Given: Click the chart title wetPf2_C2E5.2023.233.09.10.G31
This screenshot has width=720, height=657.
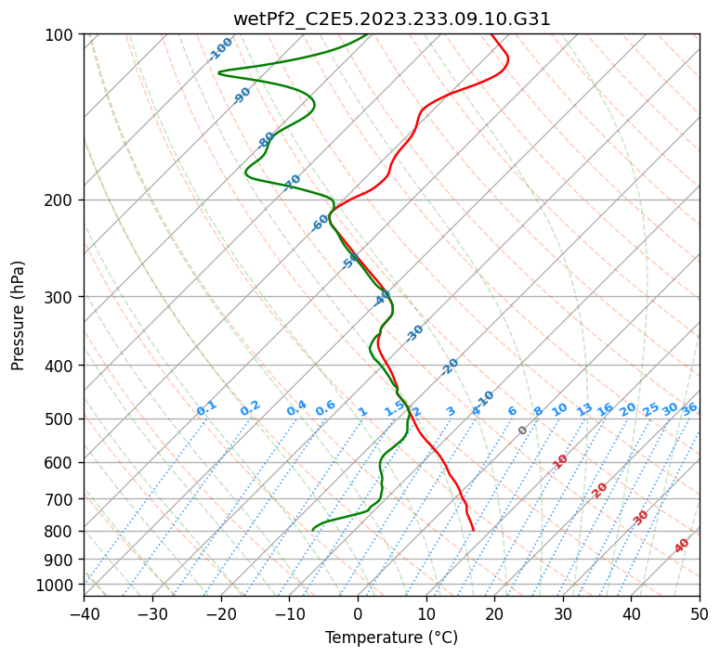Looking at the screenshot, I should coord(391,19).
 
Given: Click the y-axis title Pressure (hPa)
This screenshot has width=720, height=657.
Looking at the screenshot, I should coord(19,315).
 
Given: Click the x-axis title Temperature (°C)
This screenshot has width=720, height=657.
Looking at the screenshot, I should coord(391,638).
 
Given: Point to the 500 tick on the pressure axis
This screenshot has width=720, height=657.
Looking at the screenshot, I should coord(60,419).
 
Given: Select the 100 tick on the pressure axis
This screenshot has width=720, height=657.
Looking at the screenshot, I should coord(60,35).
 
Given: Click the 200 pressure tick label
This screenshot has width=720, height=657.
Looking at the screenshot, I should coord(60,200).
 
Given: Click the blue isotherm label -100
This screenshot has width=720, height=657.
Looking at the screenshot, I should coord(221,49).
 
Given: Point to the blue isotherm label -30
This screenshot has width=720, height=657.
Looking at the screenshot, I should coord(415,333).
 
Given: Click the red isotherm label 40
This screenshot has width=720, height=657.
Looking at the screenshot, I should coord(682,546).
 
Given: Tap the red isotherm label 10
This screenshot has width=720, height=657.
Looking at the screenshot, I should coord(560,461).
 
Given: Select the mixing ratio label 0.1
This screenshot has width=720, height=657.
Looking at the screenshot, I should coord(207,408).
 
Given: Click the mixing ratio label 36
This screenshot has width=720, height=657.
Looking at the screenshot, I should coord(689,408).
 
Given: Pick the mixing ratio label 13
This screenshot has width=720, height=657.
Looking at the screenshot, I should coord(584,409).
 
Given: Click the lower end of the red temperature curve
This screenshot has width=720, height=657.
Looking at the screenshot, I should coord(474,530).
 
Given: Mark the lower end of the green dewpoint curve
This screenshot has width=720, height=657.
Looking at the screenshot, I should coord(313,530).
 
